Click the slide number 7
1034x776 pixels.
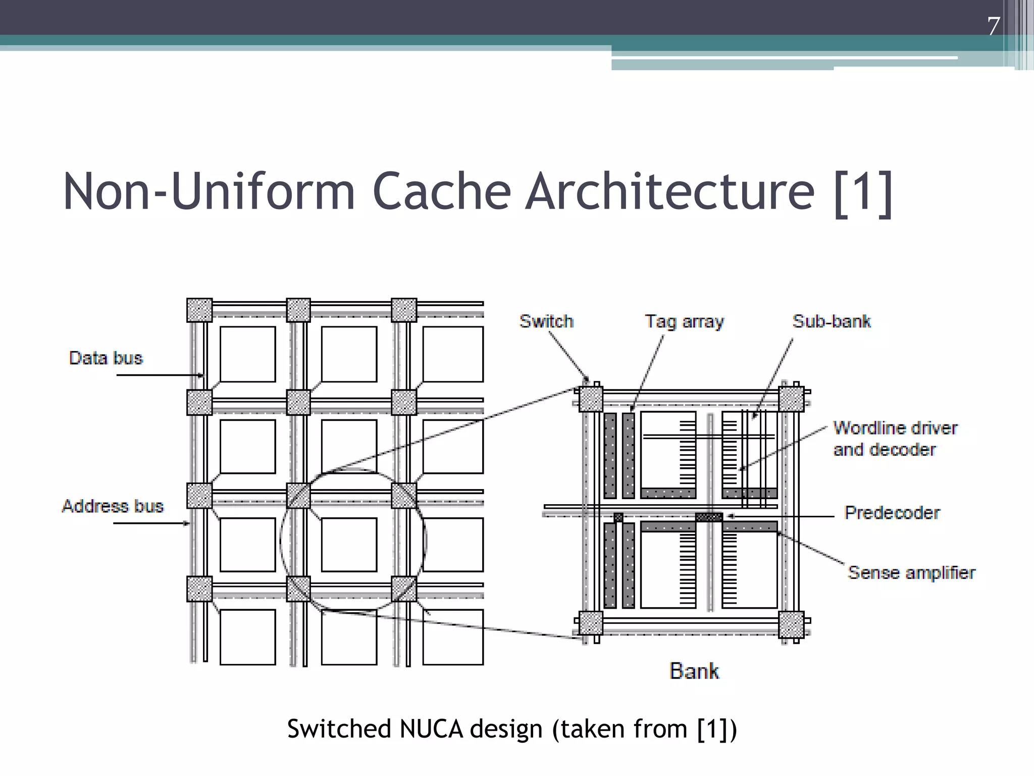click(993, 26)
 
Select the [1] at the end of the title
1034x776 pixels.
click(863, 193)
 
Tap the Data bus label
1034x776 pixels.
click(106, 358)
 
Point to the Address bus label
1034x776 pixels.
click(113, 506)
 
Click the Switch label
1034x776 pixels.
click(546, 321)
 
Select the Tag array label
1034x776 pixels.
click(684, 321)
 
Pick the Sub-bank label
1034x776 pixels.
click(831, 321)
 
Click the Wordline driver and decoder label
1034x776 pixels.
click(895, 439)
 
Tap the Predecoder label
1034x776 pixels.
click(892, 513)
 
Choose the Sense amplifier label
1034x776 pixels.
click(911, 572)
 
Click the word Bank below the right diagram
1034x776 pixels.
click(694, 671)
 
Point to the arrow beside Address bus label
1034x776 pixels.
click(151, 523)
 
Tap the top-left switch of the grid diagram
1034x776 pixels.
click(199, 310)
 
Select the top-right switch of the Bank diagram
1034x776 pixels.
click(791, 399)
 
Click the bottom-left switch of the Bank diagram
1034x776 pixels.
click(590, 623)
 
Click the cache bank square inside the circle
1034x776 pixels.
click(349, 545)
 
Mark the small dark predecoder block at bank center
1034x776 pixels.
click(709, 517)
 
